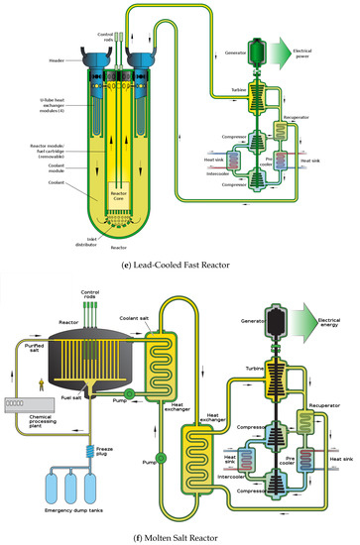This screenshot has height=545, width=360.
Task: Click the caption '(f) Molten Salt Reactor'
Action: [x=180, y=537]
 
